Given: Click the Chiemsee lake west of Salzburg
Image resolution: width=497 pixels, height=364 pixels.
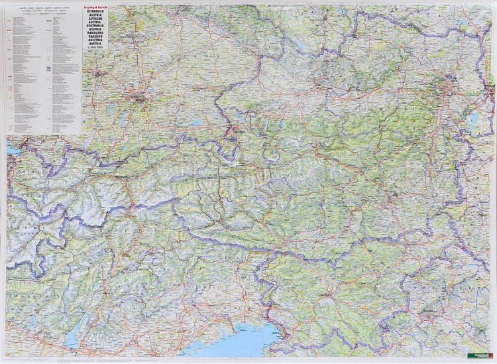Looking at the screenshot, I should [195, 123].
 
